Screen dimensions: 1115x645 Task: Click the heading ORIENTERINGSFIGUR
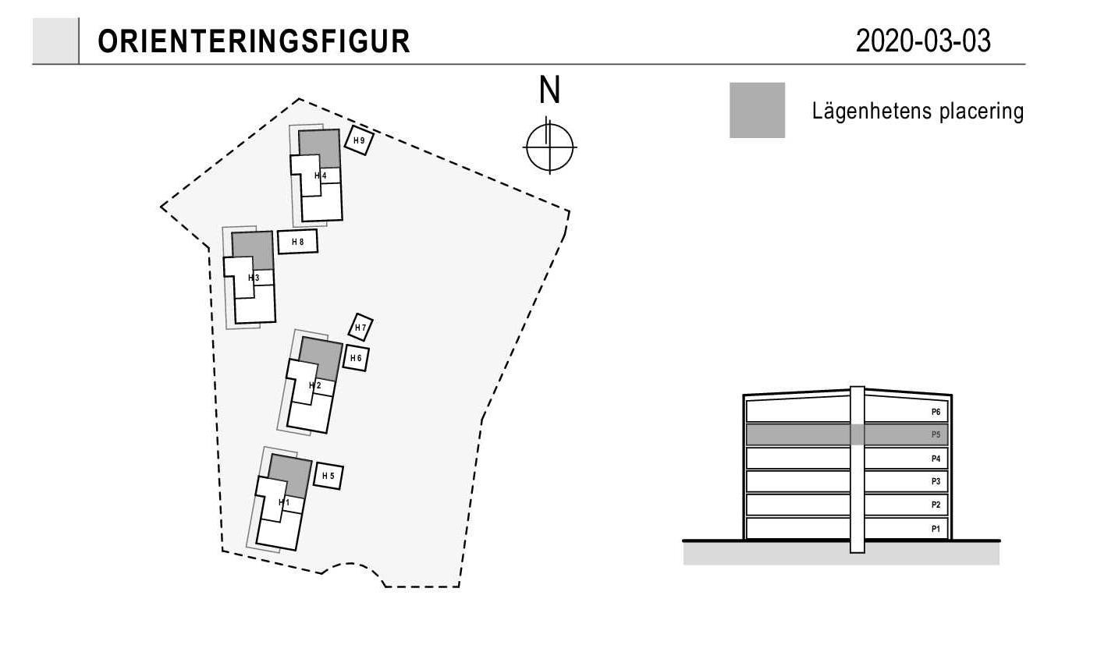(x=254, y=41)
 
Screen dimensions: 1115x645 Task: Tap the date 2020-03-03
(x=923, y=41)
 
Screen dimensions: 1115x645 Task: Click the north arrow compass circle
(x=550, y=125)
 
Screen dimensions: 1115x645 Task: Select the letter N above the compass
(x=549, y=90)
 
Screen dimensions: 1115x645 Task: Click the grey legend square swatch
(x=757, y=110)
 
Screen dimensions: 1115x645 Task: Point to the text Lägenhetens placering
(x=918, y=111)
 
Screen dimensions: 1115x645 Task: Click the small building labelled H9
(x=359, y=140)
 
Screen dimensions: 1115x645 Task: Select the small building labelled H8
(x=297, y=242)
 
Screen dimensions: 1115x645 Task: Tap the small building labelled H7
(x=360, y=328)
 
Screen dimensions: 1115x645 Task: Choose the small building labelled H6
(x=356, y=358)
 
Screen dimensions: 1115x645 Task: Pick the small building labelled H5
(x=328, y=477)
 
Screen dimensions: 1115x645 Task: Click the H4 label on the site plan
(x=321, y=175)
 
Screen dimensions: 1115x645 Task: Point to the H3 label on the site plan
(x=254, y=278)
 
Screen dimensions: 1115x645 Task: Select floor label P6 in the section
(x=936, y=412)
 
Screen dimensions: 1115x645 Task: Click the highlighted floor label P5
(x=936, y=435)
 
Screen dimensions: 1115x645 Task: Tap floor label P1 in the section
(x=936, y=529)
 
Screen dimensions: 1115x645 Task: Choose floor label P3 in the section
(x=936, y=482)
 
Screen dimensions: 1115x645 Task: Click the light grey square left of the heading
(x=55, y=41)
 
